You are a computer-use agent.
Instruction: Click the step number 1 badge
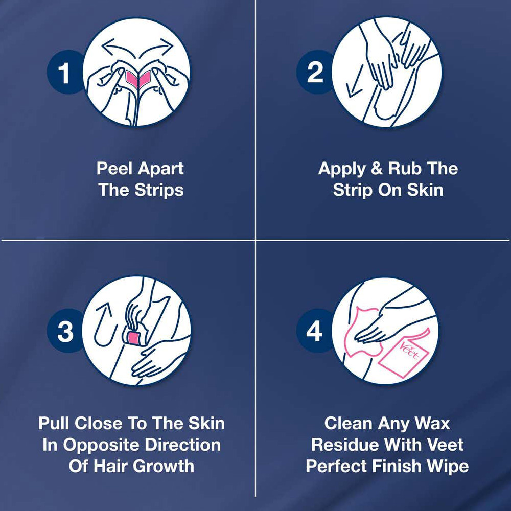(64, 73)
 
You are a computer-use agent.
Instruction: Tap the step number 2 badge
(314, 73)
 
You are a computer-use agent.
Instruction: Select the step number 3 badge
(65, 331)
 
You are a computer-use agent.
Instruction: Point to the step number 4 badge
(314, 331)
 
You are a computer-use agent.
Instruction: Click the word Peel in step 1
(114, 169)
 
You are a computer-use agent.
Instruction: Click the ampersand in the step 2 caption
(377, 169)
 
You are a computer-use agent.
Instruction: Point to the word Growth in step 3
(164, 466)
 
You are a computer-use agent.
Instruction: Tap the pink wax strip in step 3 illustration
(133, 338)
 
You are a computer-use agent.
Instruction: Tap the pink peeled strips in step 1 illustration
(138, 79)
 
